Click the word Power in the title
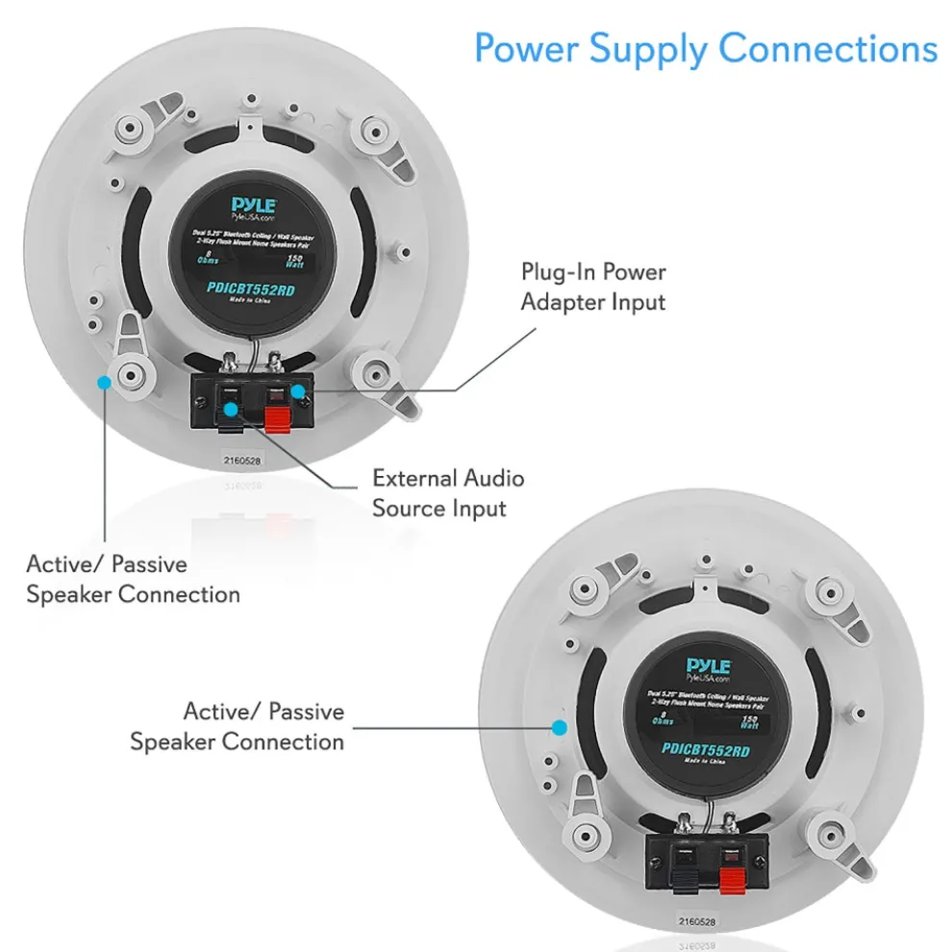tap(528, 47)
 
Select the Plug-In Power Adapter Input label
tap(593, 287)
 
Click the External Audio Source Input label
tap(448, 492)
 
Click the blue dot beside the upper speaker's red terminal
tap(299, 391)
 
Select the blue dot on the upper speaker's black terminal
tap(231, 410)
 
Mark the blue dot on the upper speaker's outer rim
tap(104, 382)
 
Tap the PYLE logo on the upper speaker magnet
tap(254, 205)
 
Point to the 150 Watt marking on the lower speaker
tap(750, 722)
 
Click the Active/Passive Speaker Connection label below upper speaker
tap(133, 579)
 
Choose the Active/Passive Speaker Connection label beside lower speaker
tap(238, 726)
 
